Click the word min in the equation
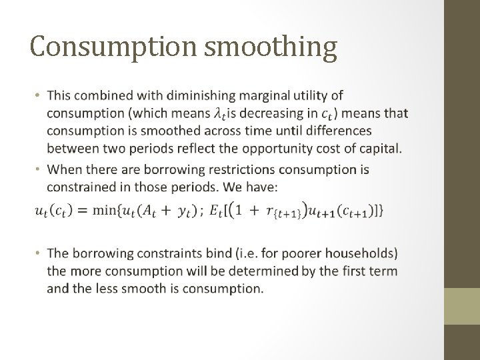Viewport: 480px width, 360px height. click(104, 211)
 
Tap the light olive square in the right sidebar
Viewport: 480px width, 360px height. click(462, 305)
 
